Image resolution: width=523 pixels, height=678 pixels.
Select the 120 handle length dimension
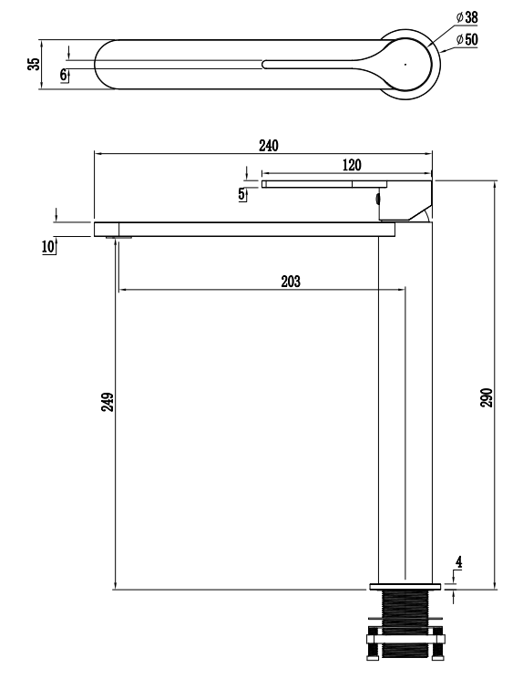click(x=352, y=165)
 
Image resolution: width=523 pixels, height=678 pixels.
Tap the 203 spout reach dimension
click(x=290, y=282)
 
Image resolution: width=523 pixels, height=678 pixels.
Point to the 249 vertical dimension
click(x=107, y=402)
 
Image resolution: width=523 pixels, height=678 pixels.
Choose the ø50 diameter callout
click(x=467, y=39)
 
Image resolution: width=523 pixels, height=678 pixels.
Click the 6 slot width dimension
click(x=64, y=75)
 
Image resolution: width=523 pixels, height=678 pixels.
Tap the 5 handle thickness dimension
click(x=241, y=193)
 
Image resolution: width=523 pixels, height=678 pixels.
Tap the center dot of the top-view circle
click(x=405, y=64)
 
